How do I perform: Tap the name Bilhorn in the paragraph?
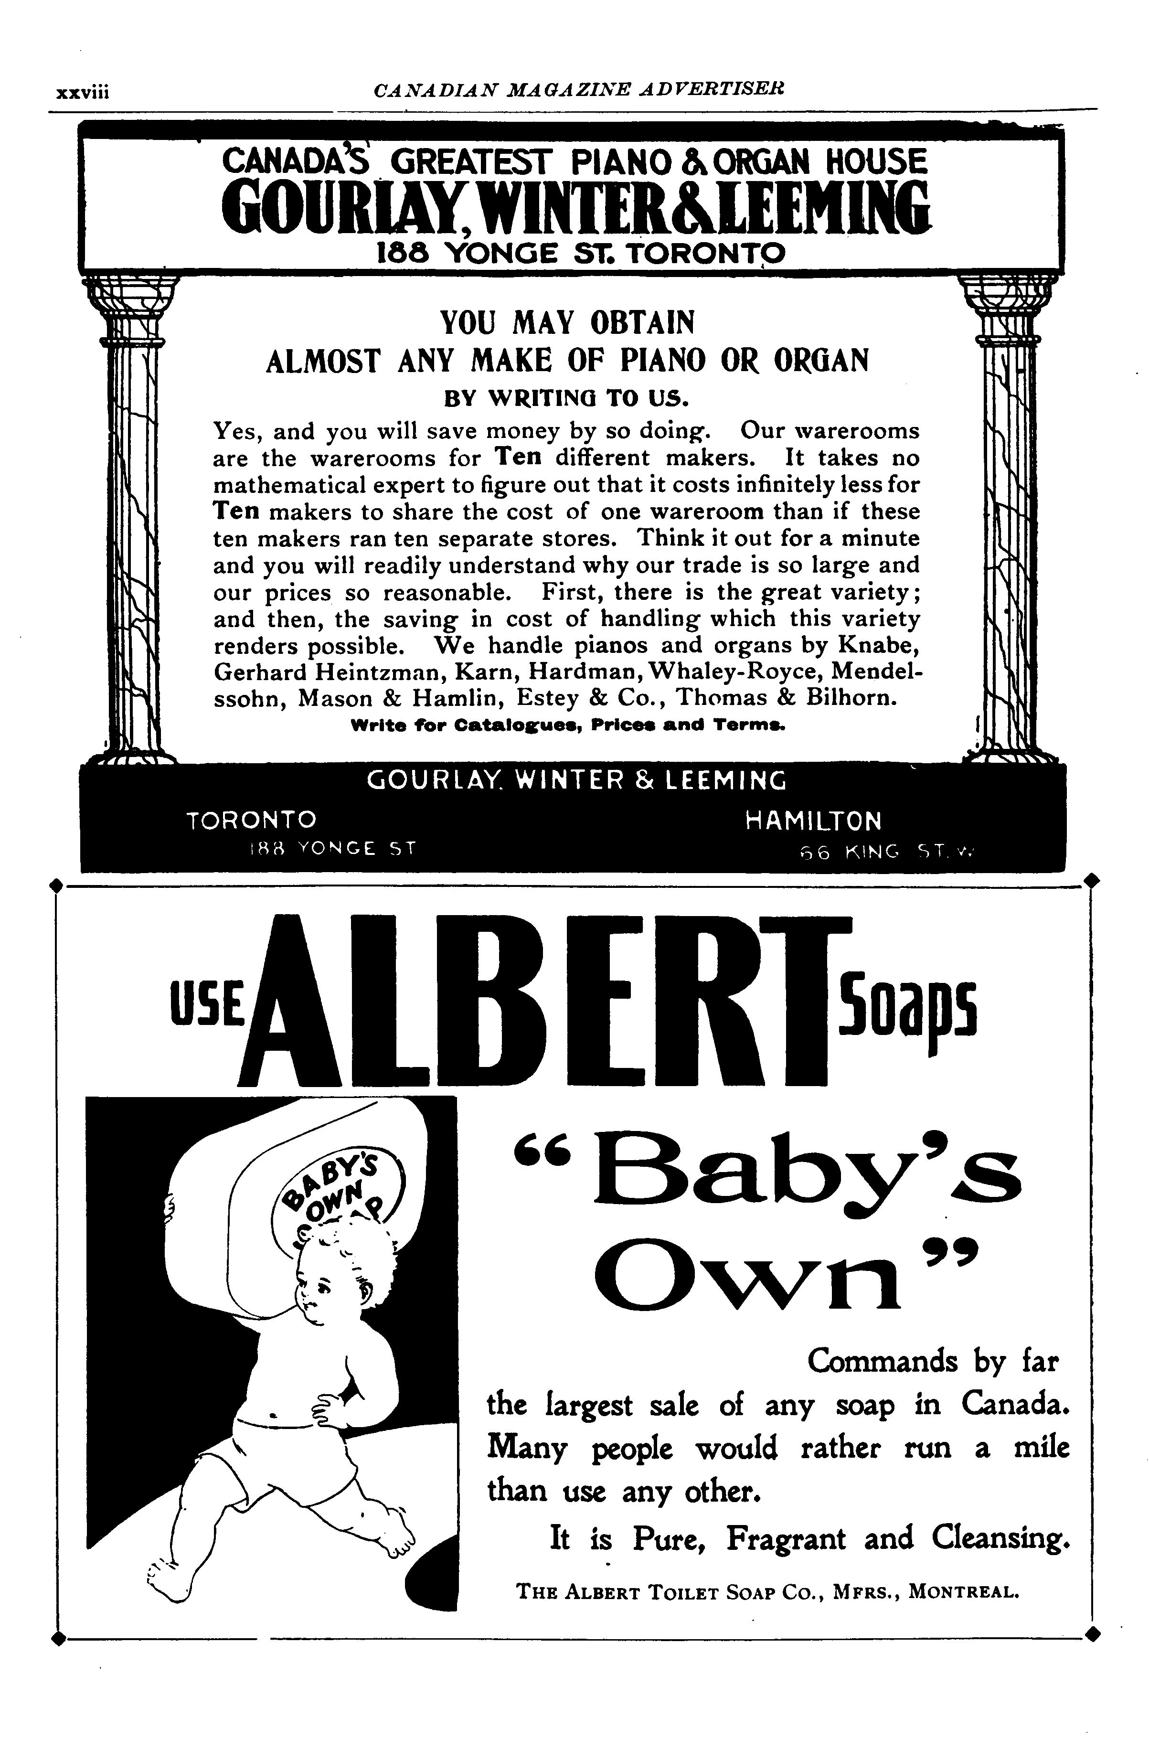(x=851, y=698)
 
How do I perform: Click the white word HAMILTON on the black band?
(x=813, y=821)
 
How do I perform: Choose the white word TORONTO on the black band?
(x=251, y=820)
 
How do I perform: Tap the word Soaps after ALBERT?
(x=908, y=1007)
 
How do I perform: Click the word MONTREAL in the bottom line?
(x=963, y=1590)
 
